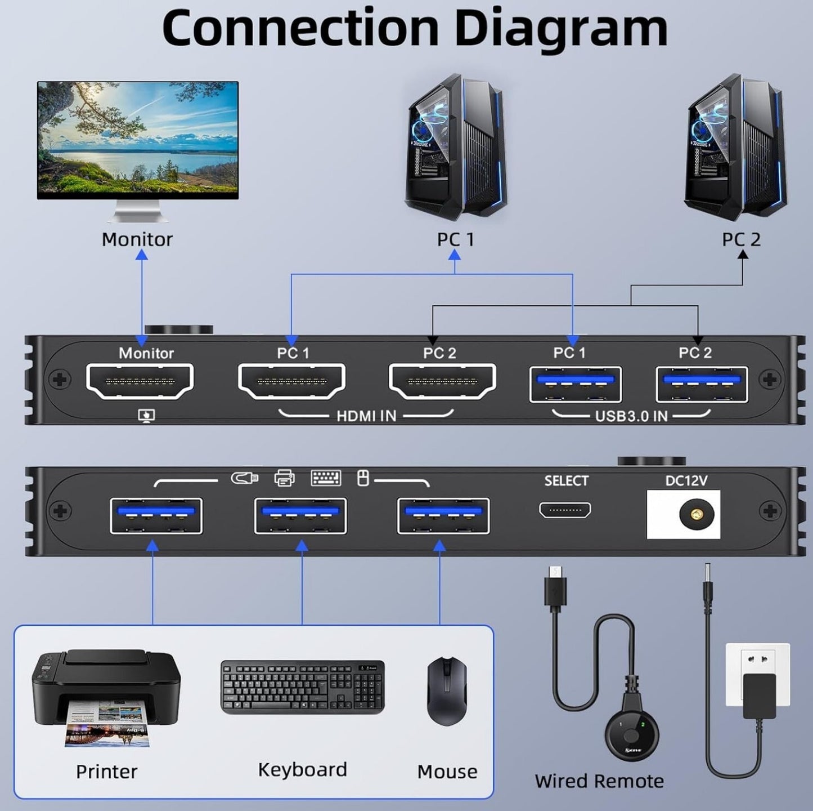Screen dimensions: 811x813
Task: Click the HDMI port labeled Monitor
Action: (x=140, y=382)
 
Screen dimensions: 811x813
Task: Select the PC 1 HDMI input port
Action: (x=291, y=382)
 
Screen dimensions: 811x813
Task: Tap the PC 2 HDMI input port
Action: (x=442, y=382)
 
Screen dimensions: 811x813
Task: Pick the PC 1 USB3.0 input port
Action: (x=576, y=384)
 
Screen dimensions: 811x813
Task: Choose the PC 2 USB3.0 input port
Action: (x=702, y=384)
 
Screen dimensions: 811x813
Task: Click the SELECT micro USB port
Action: (x=565, y=510)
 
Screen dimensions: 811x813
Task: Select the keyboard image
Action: (x=303, y=687)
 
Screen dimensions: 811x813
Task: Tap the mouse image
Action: (x=447, y=690)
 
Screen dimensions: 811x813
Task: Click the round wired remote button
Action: (x=632, y=732)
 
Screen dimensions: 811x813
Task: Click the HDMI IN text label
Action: (x=366, y=416)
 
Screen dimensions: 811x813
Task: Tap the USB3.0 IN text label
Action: (x=631, y=416)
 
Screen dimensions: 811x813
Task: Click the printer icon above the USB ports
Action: (x=284, y=479)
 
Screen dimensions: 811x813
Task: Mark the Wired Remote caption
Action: (x=599, y=781)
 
